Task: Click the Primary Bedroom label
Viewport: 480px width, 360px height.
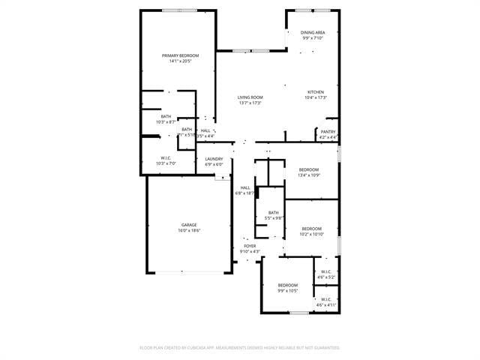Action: [x=178, y=55]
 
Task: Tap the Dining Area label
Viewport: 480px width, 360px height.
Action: [x=313, y=32]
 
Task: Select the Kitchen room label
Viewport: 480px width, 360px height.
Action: [x=315, y=92]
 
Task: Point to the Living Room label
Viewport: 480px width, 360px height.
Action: [x=250, y=97]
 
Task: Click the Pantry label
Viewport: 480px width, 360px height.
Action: [x=328, y=132]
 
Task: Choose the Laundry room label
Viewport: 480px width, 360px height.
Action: [x=214, y=159]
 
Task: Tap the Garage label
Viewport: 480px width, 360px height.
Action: [x=189, y=225]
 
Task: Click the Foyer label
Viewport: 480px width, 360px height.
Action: [x=250, y=246]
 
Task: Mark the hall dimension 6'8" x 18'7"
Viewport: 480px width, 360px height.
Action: [x=245, y=193]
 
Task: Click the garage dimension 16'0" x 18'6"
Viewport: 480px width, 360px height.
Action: [x=189, y=231]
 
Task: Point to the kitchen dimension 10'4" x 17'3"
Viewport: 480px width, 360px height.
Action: [x=315, y=98]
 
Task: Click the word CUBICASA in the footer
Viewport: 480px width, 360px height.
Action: [x=211, y=348]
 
